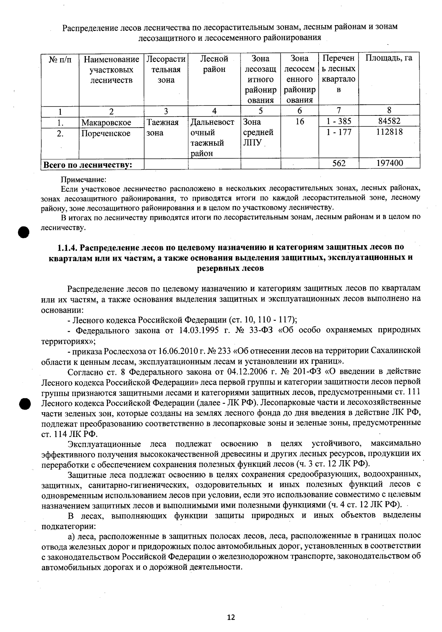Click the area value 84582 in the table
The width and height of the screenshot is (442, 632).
pos(389,121)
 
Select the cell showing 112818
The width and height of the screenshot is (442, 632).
pos(389,132)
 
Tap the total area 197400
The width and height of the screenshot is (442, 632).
pos(389,163)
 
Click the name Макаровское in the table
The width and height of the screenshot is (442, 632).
pos(106,122)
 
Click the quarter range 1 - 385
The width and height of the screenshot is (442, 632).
pos(338,121)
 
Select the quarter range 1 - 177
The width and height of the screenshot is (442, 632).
pos(338,132)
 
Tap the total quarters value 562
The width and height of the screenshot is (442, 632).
pos(338,163)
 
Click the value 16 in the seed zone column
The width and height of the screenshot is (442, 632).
pos(299,121)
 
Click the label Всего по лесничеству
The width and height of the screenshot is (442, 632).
pos(88,165)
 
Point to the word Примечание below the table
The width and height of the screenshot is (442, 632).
pos(83,180)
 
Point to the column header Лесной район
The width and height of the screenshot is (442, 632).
pos(214,64)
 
